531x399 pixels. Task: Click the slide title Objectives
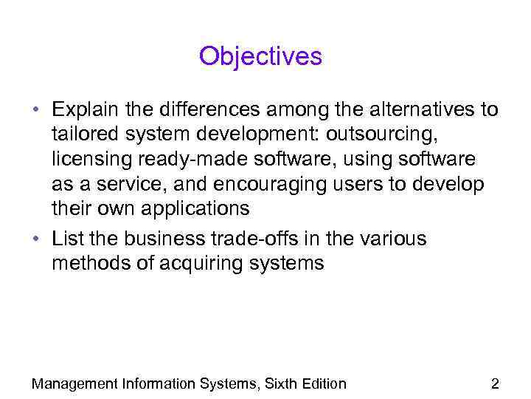[x=260, y=56]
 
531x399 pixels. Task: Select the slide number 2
[x=495, y=383]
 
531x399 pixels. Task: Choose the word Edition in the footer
[x=322, y=383]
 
